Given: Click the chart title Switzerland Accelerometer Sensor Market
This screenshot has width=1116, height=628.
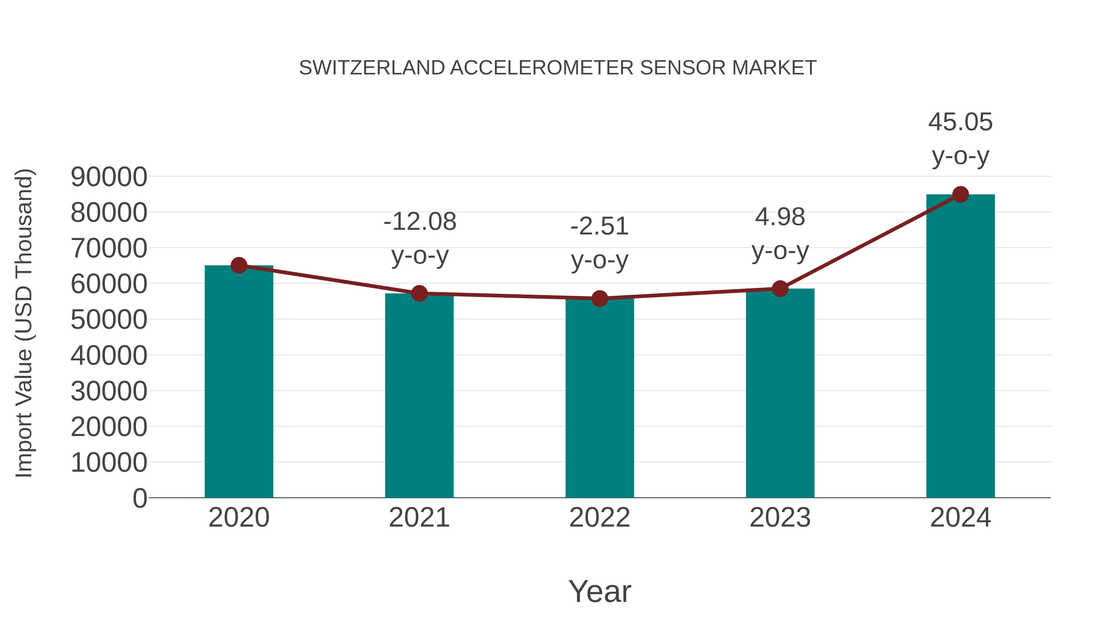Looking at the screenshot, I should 558,68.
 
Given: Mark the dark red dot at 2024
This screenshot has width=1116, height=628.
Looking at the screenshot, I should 960,194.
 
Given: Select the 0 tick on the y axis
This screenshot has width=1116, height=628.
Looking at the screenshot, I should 140,498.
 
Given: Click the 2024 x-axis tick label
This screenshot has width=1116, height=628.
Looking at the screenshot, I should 960,518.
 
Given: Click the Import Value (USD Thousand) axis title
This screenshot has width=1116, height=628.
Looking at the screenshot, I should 24,323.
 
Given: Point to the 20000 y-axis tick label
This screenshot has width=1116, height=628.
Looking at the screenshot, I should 109,427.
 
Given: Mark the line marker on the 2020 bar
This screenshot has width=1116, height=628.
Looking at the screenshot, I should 239,265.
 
